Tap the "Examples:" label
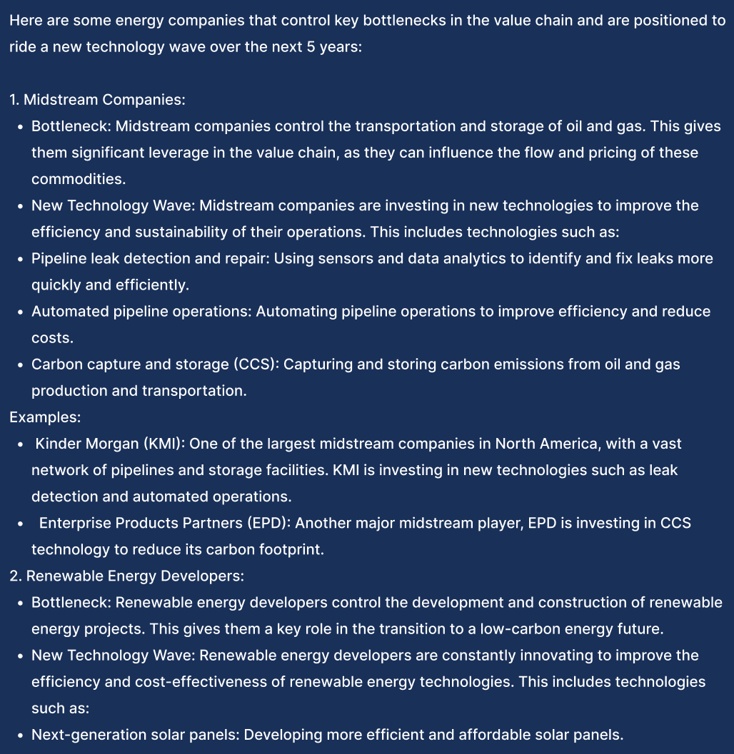(45, 417)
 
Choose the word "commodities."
(74, 179)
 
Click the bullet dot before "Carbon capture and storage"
(21, 365)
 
